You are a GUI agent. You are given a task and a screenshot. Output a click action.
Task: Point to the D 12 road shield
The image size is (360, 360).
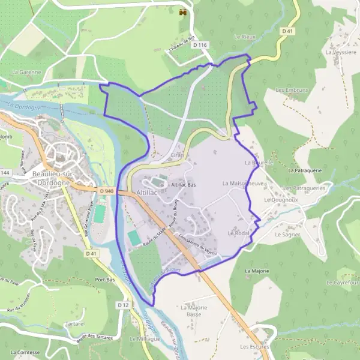pyautogui.click(x=124, y=305)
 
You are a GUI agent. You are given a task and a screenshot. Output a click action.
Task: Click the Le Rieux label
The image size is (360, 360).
pyautogui.click(x=245, y=37)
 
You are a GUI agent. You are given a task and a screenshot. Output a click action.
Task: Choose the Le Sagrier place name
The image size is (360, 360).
pyautogui.click(x=287, y=235)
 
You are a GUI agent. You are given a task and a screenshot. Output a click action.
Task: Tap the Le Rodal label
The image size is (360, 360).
pyautogui.click(x=238, y=232)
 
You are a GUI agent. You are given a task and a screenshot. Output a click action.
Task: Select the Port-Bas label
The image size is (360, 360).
pyautogui.click(x=104, y=279)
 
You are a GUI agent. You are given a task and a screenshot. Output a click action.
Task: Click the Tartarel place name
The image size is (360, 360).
pyautogui.click(x=75, y=323)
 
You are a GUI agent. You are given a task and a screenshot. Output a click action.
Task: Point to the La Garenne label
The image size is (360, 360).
pyautogui.click(x=26, y=71)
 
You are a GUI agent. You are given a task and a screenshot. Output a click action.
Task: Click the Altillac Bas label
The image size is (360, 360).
pyautogui.click(x=184, y=185)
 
